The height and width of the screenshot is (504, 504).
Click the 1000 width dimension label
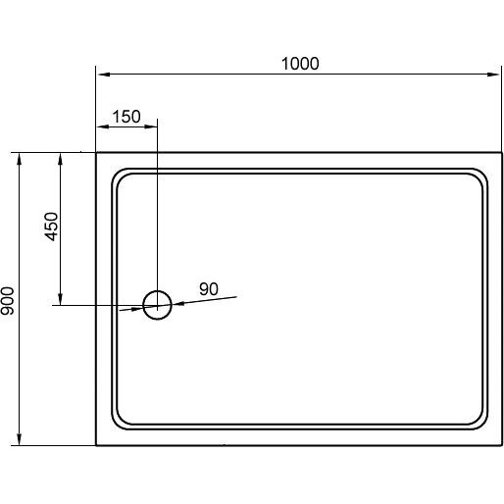300,64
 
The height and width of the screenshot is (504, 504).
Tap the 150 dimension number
126,117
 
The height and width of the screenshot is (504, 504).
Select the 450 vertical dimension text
51,227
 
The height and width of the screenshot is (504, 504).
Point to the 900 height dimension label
7,301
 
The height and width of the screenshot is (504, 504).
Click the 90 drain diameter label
209,289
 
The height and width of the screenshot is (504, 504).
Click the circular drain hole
143,305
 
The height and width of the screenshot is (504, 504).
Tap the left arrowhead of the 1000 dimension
103,75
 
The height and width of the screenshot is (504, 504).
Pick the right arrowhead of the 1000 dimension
493,75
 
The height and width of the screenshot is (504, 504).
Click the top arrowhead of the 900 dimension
20,159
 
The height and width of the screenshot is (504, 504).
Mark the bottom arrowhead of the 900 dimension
20,439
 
